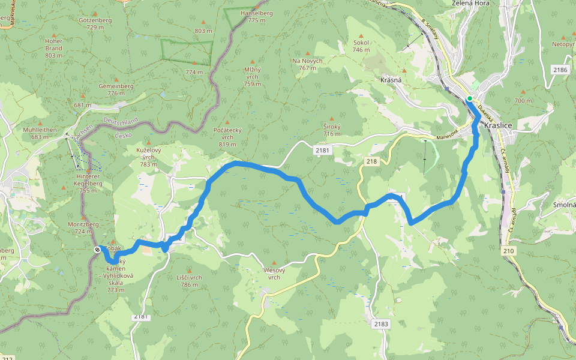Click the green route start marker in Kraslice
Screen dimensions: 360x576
point(470,98)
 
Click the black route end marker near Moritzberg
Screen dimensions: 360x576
point(97,250)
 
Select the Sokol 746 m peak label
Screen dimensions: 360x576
point(361,46)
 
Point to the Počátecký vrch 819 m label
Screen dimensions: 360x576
point(227,137)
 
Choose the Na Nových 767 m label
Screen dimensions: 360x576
point(307,64)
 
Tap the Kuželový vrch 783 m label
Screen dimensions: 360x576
point(148,157)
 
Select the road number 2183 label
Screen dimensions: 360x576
point(381,324)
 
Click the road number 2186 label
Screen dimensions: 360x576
point(560,70)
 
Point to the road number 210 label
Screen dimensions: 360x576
point(509,250)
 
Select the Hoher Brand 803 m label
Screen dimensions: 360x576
point(53,48)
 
